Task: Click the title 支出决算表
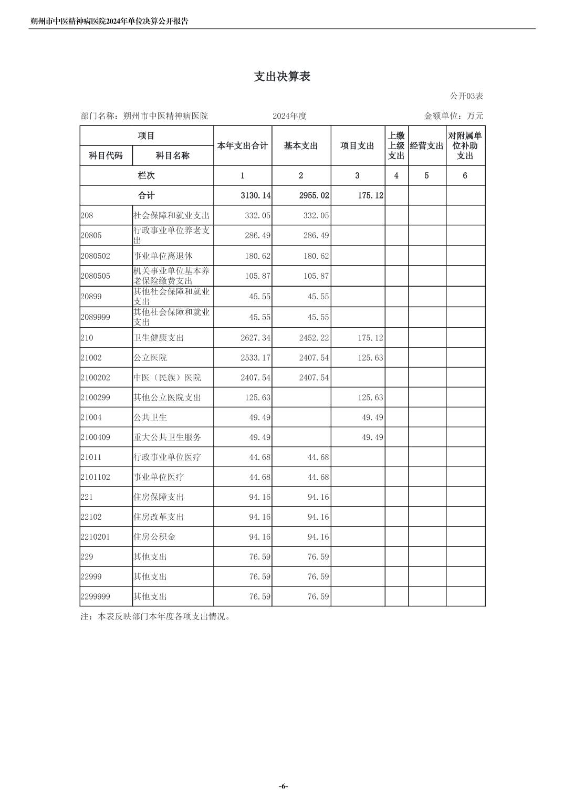point(282,77)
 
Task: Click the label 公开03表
point(466,96)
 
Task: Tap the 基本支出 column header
point(301,146)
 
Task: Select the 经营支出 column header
point(426,146)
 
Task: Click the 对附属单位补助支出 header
point(465,146)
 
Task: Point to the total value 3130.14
point(255,195)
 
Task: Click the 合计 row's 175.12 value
point(370,195)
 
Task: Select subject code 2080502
point(95,256)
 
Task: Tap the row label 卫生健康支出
point(159,338)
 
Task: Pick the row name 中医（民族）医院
point(167,378)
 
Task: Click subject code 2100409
point(95,437)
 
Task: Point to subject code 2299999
point(95,597)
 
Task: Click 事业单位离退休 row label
point(163,256)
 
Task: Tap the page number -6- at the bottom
point(283,786)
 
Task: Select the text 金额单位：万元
point(453,116)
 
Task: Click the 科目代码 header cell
point(106,155)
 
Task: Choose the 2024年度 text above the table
point(289,116)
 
